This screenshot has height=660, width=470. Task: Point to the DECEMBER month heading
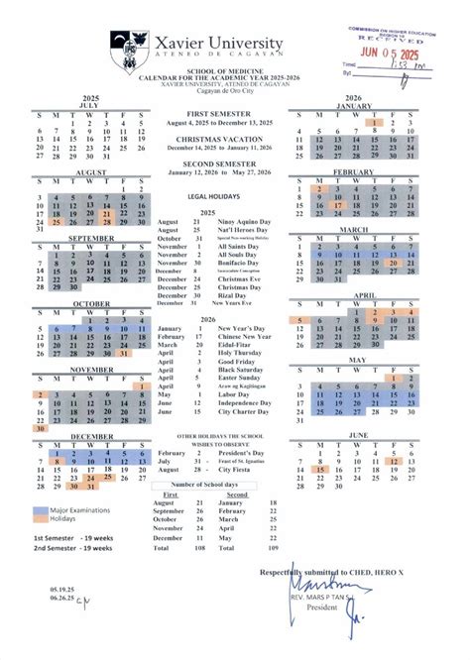tap(91, 436)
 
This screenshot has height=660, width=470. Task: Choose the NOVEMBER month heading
tap(91, 369)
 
